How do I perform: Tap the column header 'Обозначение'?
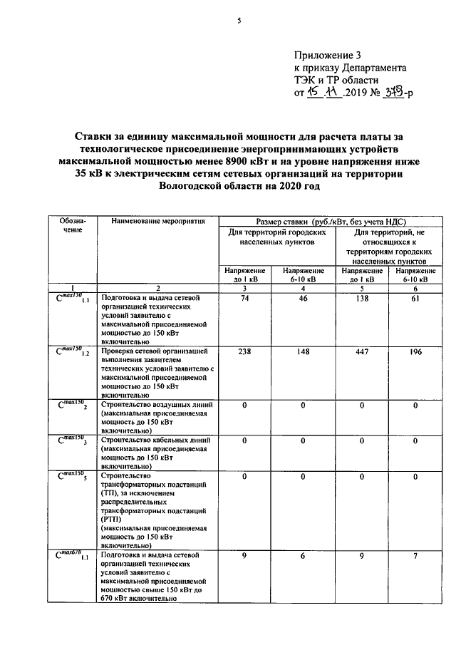click(x=72, y=226)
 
